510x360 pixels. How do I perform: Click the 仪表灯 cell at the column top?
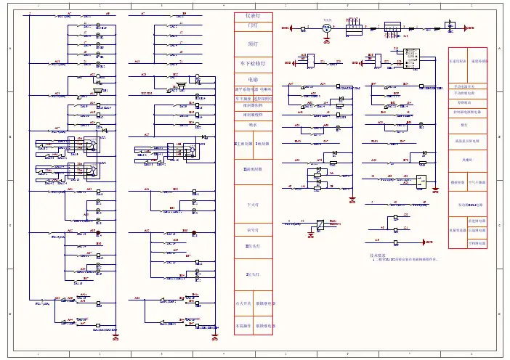(253, 16)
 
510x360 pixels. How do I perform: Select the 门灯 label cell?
(253, 25)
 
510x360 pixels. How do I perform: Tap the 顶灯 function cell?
(253, 44)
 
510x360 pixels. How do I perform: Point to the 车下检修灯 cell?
(253, 65)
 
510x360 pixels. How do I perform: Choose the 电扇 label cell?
(253, 79)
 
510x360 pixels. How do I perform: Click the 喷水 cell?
(253, 125)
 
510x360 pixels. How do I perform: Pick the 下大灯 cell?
(253, 205)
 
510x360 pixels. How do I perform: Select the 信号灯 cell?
(253, 231)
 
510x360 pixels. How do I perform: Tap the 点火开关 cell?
(244, 303)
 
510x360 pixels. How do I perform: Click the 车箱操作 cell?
(244, 326)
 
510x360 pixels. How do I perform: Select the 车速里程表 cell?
(458, 62)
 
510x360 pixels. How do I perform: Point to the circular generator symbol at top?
(328, 28)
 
